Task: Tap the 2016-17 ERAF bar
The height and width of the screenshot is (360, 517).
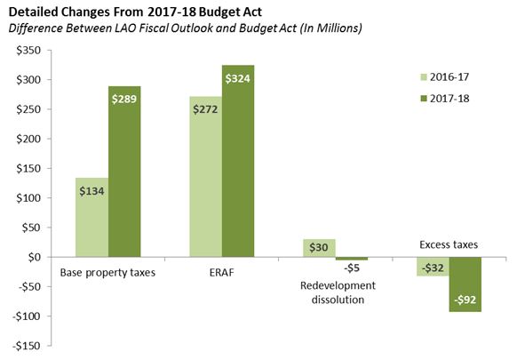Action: click(x=206, y=177)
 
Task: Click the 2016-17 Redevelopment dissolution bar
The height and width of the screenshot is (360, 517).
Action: click(x=320, y=248)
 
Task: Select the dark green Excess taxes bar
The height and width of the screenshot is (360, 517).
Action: click(x=465, y=284)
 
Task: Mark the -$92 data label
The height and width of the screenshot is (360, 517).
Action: click(x=465, y=300)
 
